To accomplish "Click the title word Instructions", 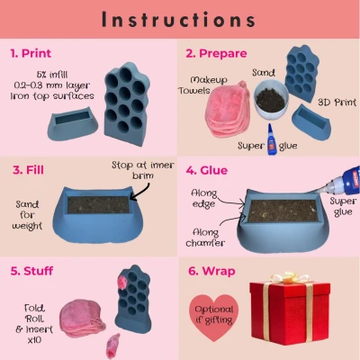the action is click(179, 20).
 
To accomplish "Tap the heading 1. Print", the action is click(31, 53).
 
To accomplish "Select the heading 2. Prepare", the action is click(216, 53).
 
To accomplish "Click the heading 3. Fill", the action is click(28, 170).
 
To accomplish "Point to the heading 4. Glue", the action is click(207, 170).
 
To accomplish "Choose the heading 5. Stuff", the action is click(31, 271).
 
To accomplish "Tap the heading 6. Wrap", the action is click(211, 271).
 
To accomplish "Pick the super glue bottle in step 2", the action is click(272, 139).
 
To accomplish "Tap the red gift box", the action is click(290, 312).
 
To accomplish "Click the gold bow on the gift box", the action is click(289, 277).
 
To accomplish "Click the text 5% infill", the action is click(52, 75).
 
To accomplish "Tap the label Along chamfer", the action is click(205, 238).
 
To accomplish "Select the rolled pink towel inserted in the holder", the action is click(122, 282).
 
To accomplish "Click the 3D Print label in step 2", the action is click(337, 103).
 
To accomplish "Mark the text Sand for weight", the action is click(27, 215).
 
